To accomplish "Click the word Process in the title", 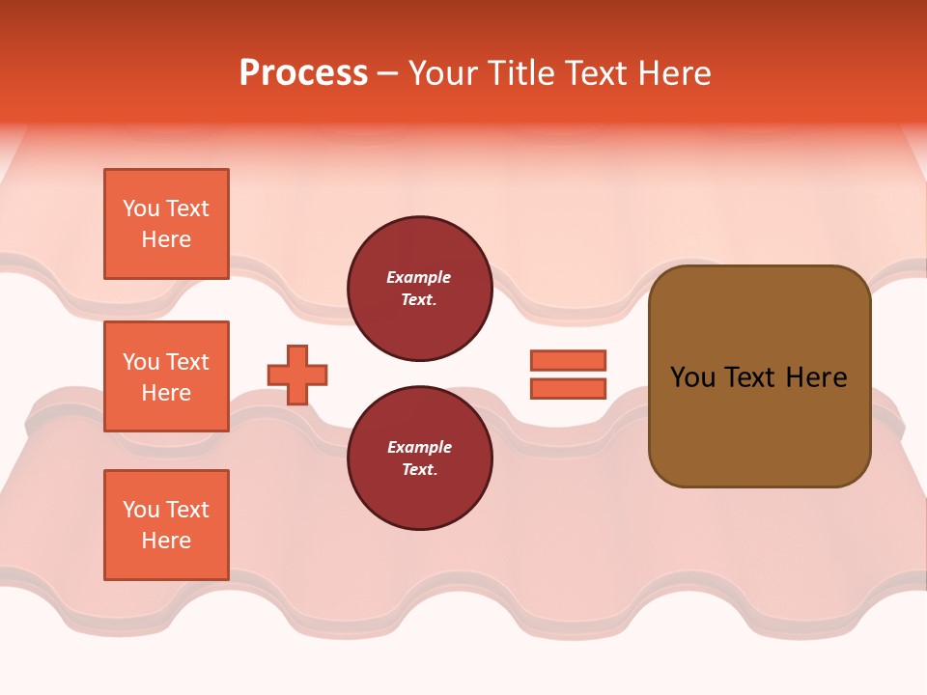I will tap(303, 73).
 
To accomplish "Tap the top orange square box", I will tap(166, 224).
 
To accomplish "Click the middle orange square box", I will tap(166, 376).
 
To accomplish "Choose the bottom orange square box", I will tap(166, 525).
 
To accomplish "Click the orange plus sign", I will tap(297, 375).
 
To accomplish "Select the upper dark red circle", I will tap(419, 288).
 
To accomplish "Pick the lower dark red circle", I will tap(419, 458).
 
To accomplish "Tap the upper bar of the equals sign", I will tap(568, 360).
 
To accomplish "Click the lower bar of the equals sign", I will tap(568, 388).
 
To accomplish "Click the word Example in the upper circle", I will tap(419, 277).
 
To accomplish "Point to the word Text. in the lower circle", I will tap(419, 469).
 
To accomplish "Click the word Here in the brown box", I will tap(816, 377).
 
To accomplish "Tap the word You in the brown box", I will tap(692, 377).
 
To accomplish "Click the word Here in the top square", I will tap(166, 239).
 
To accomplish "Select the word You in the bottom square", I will tap(141, 510).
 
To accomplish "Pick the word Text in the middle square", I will tap(186, 362).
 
